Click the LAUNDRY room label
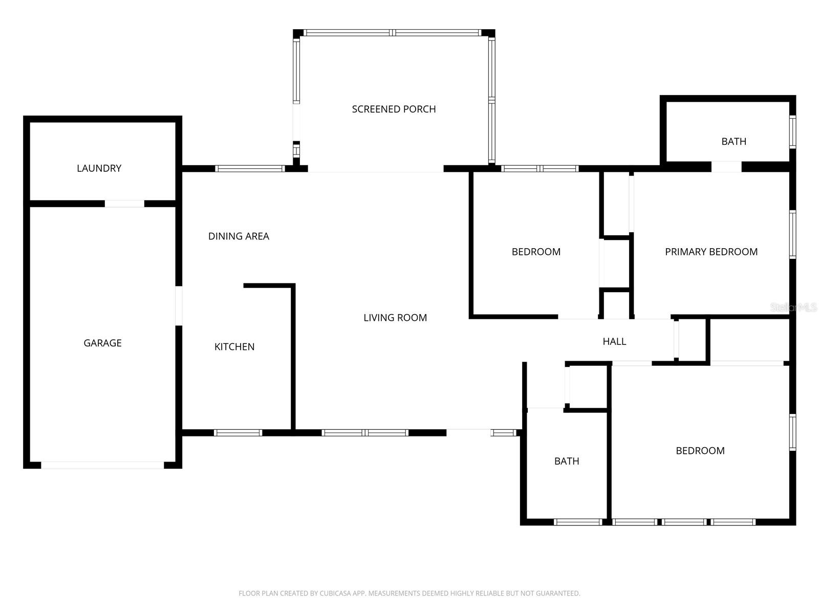coord(99,168)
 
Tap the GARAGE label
coord(102,343)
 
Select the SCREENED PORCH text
coord(394,109)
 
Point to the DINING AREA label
coord(239,236)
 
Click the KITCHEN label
coord(234,346)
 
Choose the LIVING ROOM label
coord(395,318)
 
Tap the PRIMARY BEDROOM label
coord(711,252)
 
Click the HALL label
coord(614,341)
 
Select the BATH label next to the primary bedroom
coord(734,141)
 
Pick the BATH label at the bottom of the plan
coord(567,461)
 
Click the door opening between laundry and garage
coord(124,204)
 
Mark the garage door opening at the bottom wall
coord(102,465)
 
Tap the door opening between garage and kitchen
coord(179,305)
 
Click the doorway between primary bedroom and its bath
coord(726,167)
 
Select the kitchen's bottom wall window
coord(238,433)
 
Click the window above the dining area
coord(250,168)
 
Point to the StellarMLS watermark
coord(794,308)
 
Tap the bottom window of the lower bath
coord(578,522)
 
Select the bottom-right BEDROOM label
coord(700,451)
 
